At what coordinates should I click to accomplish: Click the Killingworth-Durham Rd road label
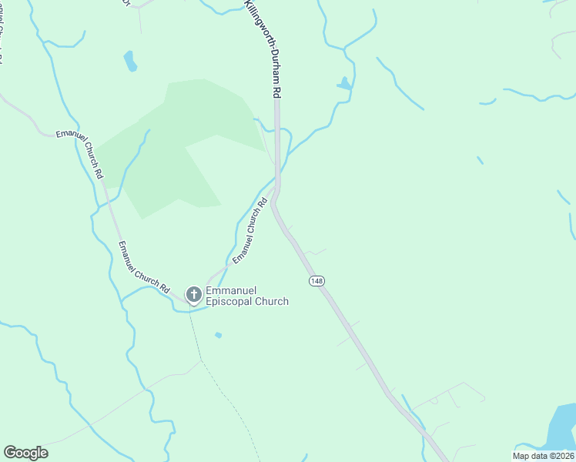coord(262,48)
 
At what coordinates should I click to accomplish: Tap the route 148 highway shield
coord(316,281)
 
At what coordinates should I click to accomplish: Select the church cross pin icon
coord(193,293)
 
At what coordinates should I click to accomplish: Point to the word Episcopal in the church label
coord(230,302)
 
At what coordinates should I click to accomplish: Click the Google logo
coord(25,453)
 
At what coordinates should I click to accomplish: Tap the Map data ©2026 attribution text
coord(543,456)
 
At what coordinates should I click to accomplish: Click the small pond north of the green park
coord(130,61)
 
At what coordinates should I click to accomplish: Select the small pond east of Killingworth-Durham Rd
coord(344,83)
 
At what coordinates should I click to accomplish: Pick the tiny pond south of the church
coord(219,335)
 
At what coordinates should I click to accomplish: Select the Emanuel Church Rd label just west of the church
coord(143,267)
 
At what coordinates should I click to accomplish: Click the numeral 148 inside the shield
coord(316,281)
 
